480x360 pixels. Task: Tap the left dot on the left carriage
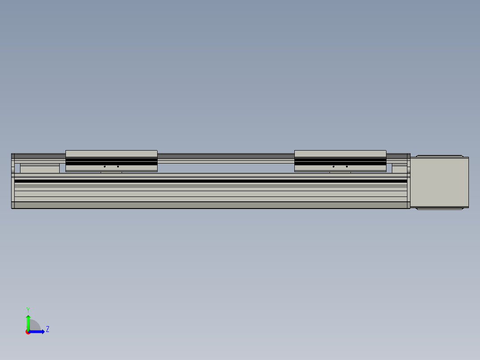(x=105, y=167)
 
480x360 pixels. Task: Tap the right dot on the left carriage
(x=118, y=167)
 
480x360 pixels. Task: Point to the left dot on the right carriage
(x=334, y=167)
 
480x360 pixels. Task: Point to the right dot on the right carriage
(x=347, y=167)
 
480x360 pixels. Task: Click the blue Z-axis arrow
(x=38, y=331)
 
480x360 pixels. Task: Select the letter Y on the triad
(x=28, y=309)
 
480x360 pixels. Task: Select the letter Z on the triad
(x=48, y=329)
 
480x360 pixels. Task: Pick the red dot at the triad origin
(x=28, y=332)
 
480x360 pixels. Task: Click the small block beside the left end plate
(x=40, y=169)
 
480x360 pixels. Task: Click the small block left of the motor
(x=399, y=169)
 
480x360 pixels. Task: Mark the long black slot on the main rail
(x=211, y=181)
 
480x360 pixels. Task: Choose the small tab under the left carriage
(x=111, y=172)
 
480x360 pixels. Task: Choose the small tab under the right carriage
(x=340, y=172)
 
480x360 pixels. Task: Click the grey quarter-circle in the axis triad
(x=35, y=326)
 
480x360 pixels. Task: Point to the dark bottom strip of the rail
(x=211, y=205)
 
